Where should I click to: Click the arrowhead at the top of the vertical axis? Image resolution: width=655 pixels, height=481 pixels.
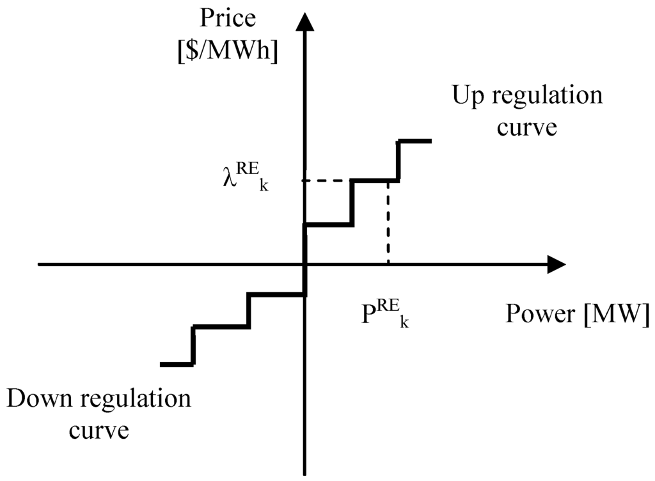(304, 23)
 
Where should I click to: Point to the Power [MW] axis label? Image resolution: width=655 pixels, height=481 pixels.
(577, 314)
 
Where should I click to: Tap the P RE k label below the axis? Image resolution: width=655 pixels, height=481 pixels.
(384, 314)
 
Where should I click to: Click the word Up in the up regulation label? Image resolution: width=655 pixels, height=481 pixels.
(468, 96)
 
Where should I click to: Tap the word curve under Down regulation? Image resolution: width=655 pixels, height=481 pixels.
(99, 429)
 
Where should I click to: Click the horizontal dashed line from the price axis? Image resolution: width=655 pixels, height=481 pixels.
(326, 180)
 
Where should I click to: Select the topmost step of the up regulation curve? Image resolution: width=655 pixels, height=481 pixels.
(414, 141)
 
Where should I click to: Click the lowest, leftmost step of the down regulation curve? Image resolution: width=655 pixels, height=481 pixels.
(177, 364)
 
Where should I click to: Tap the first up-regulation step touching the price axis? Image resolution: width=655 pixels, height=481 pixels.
(328, 225)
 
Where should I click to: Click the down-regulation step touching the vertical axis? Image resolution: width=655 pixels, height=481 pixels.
(276, 294)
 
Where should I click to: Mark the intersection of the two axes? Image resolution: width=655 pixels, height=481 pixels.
(304, 264)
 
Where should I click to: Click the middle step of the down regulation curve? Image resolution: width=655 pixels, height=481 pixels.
(221, 327)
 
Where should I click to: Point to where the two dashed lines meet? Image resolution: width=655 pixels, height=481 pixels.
(388, 181)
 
